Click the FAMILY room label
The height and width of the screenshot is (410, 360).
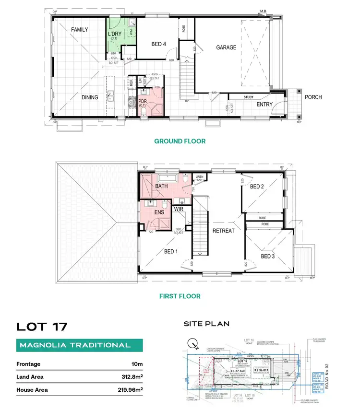click(80, 30)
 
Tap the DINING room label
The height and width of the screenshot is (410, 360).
click(90, 97)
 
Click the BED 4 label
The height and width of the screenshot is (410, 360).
click(158, 45)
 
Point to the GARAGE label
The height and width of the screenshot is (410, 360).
click(226, 47)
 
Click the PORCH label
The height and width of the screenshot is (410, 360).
click(313, 97)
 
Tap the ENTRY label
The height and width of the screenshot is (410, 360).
click(264, 104)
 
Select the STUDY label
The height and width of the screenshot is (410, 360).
click(248, 97)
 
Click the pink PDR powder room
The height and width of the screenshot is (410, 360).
click(150, 103)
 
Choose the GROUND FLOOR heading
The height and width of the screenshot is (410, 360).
click(180, 141)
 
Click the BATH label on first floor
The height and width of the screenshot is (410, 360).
click(161, 186)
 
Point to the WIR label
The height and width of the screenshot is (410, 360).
click(179, 209)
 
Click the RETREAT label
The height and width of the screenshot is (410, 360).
click(223, 231)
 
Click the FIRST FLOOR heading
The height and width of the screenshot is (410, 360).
click(180, 296)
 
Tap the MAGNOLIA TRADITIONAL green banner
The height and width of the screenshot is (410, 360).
click(74, 345)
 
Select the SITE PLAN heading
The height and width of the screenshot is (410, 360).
click(206, 324)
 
